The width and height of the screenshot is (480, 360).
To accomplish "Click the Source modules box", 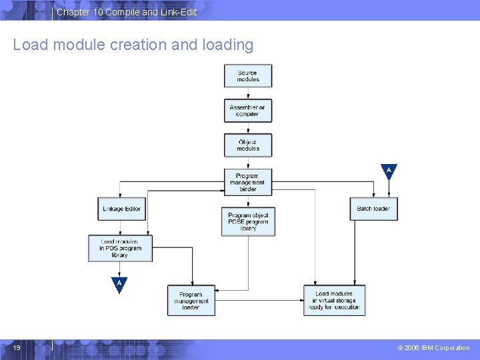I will pyautogui.click(x=248, y=76).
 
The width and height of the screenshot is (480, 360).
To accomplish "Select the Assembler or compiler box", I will pyautogui.click(x=248, y=111).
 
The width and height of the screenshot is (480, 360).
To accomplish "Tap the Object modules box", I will pyautogui.click(x=248, y=145).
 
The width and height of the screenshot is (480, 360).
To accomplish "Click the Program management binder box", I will pyautogui.click(x=248, y=183).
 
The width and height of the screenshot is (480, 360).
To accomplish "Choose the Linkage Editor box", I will pyautogui.click(x=121, y=209).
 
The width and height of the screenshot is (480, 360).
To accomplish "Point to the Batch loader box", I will pyautogui.click(x=373, y=209).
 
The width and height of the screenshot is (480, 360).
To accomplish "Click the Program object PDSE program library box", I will pyautogui.click(x=248, y=221).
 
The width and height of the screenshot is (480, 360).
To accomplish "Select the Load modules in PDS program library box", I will pyautogui.click(x=120, y=248).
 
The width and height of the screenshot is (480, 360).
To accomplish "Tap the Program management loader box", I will pyautogui.click(x=191, y=300).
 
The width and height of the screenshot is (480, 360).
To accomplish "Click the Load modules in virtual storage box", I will pyautogui.click(x=335, y=300).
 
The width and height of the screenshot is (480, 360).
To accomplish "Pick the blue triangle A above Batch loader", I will pyautogui.click(x=389, y=171).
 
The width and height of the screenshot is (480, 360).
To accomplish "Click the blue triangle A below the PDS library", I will pyautogui.click(x=119, y=284).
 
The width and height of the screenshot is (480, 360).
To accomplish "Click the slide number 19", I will pyautogui.click(x=17, y=347).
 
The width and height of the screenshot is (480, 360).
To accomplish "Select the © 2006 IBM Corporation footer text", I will pyautogui.click(x=433, y=348).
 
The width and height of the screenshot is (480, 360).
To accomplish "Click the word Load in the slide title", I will pyautogui.click(x=25, y=45).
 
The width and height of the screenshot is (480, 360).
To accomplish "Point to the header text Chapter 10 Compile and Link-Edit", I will pyautogui.click(x=127, y=12).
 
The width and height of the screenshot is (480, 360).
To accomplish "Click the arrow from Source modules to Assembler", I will pyautogui.click(x=248, y=93).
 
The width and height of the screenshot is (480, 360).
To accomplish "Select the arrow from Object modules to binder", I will pyautogui.click(x=248, y=162).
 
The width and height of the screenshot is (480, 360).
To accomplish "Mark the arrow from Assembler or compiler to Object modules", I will pyautogui.click(x=248, y=128).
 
